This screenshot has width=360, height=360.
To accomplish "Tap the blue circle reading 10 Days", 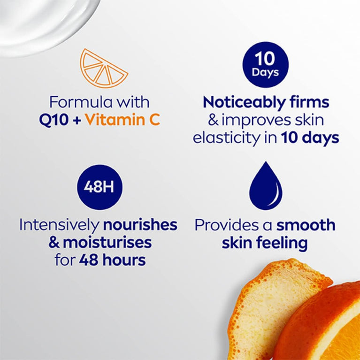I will pos(265,65).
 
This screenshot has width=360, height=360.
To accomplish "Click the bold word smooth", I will pos(305,225).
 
